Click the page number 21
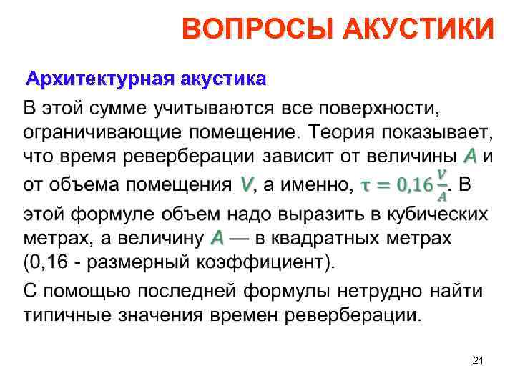479,363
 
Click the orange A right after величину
217,237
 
